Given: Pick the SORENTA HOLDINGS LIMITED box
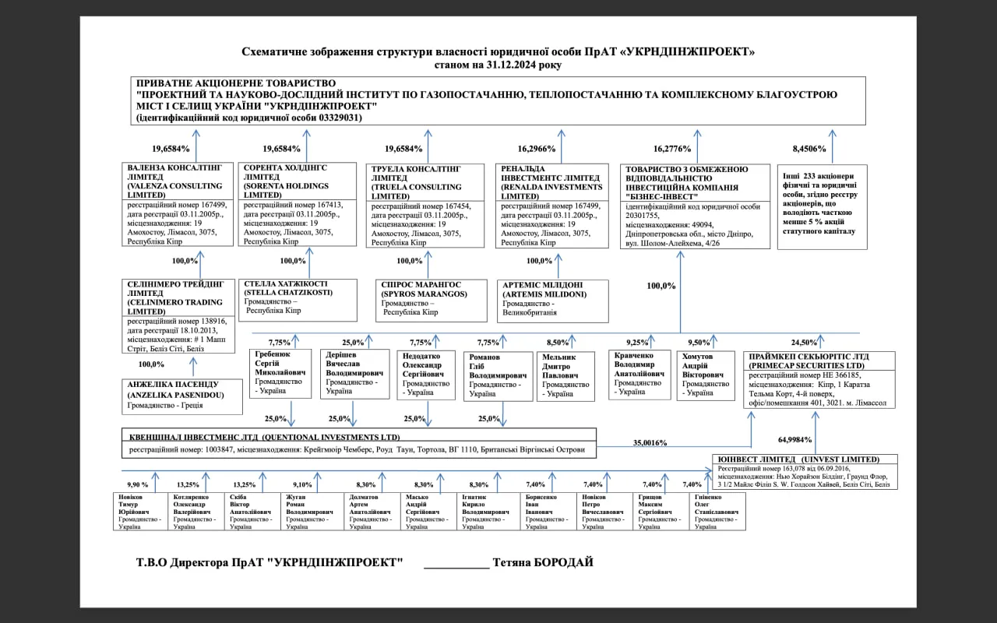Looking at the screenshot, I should tap(296, 205).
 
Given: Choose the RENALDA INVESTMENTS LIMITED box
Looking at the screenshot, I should tap(552, 205).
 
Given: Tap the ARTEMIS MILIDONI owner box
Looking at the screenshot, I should tap(552, 301).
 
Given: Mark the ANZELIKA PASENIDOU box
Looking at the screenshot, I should tap(178, 395).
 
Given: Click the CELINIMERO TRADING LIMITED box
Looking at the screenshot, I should tap(178, 315).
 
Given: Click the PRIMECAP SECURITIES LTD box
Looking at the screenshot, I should tap(819, 379).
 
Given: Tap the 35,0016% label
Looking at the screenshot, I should tap(650, 442).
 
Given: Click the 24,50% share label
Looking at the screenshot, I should tap(804, 342).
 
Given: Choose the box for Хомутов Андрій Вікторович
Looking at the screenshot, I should tap(706, 376).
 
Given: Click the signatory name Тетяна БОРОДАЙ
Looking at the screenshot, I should tap(544, 562).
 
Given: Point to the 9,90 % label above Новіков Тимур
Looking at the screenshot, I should tap(138, 484).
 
